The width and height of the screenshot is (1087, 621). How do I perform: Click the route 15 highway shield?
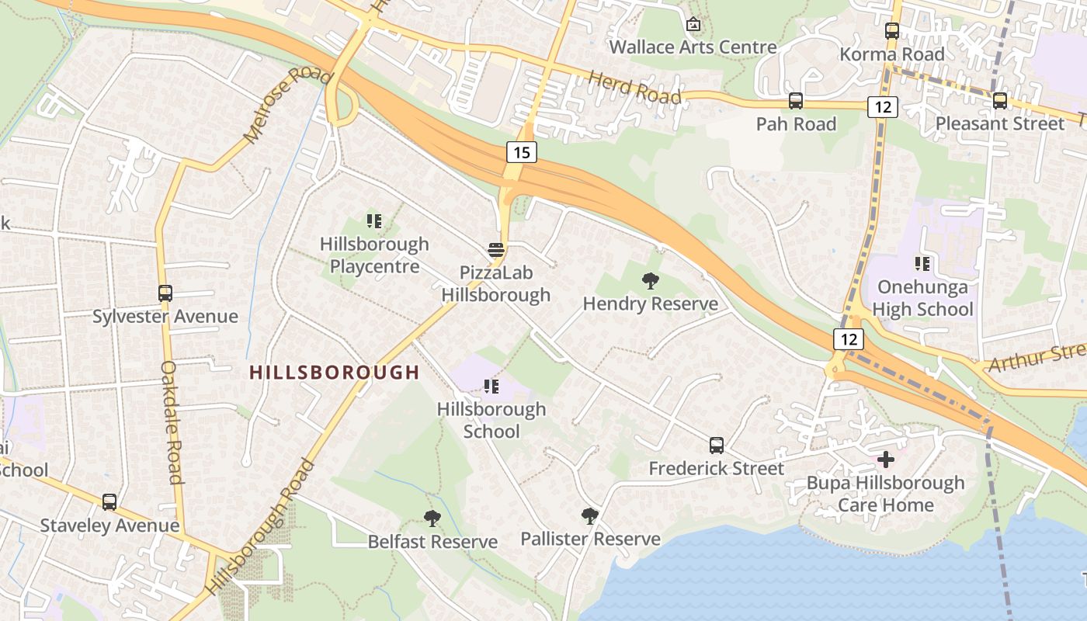coord(522,152)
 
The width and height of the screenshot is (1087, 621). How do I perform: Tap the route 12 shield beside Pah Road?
coord(883,107)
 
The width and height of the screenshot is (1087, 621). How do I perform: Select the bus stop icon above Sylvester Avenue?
coord(165,293)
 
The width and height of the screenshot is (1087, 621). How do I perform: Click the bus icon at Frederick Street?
coord(717,446)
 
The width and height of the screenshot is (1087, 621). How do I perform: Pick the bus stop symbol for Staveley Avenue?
coord(109,502)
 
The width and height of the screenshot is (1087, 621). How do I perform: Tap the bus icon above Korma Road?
coord(892,32)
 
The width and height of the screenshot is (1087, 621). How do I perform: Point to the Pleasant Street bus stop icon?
coord(1000,101)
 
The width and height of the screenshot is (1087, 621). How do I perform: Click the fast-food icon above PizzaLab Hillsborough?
coord(496,251)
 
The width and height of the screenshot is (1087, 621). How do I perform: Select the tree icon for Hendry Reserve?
coord(651,281)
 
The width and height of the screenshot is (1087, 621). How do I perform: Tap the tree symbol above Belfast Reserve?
coord(432,519)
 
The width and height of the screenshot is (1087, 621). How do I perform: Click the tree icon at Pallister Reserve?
coord(590,516)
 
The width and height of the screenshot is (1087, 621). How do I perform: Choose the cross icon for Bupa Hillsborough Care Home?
coord(886,460)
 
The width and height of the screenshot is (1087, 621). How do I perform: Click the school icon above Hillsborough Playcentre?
coord(374,222)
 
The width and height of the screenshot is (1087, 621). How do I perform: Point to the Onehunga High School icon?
coord(922,264)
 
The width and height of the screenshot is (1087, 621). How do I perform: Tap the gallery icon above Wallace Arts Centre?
coord(693,25)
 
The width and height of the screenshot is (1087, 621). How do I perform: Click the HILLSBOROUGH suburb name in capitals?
coord(335,373)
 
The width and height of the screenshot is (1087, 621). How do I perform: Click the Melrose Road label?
coord(287,106)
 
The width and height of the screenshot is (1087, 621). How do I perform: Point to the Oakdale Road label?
coord(172,422)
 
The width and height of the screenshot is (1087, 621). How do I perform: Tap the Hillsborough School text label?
coord(491,420)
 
